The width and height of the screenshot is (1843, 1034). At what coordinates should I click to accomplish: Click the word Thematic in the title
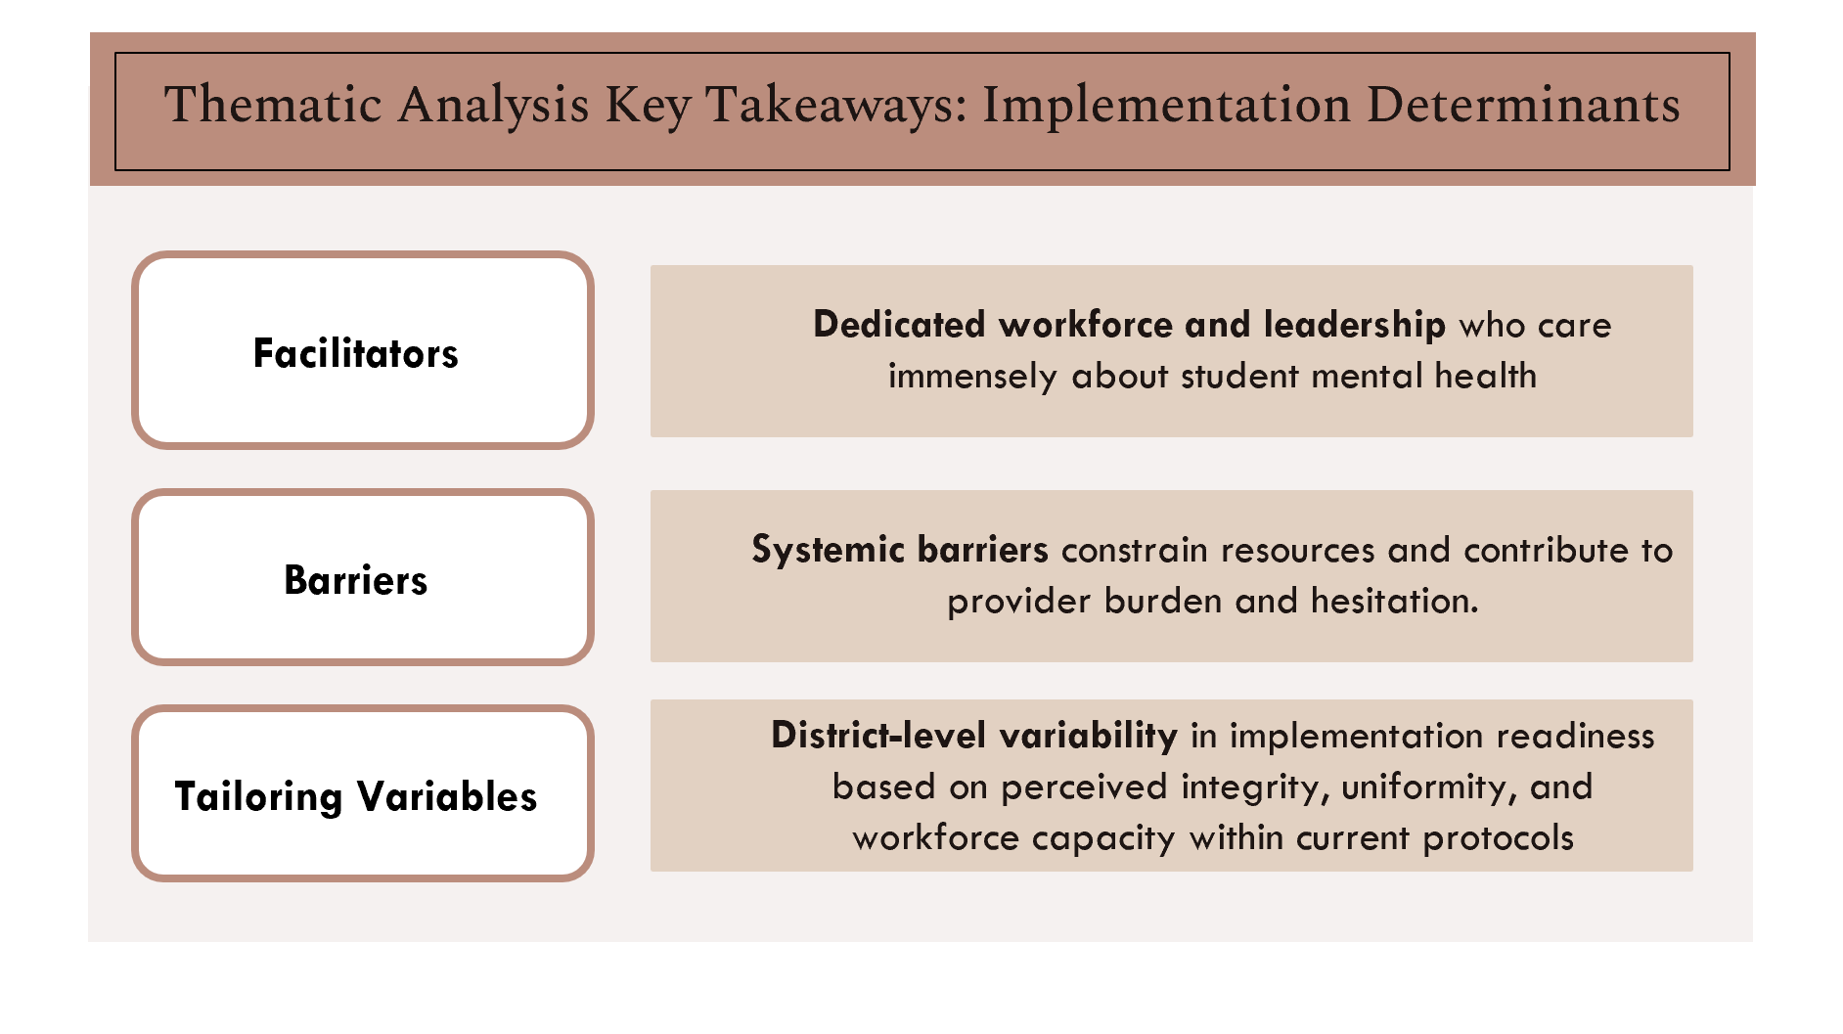pos(273,106)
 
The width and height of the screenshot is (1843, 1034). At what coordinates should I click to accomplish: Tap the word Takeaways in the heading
pos(836,106)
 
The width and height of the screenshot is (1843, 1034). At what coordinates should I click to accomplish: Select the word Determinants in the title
pos(1523,106)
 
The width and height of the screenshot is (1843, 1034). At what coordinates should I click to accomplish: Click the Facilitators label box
pos(362,351)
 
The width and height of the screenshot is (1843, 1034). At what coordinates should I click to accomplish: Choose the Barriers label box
pos(362,578)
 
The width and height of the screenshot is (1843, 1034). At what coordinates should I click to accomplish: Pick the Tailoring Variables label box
pos(362,794)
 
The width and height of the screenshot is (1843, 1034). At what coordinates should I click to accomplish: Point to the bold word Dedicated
pos(898,325)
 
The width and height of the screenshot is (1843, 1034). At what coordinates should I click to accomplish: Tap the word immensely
pos(972,377)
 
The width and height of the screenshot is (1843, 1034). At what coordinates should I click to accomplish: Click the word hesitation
pos(1394,601)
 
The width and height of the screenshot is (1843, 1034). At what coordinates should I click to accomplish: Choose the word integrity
pos(1255,787)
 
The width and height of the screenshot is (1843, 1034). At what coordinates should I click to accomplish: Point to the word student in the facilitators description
pos(1239,377)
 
